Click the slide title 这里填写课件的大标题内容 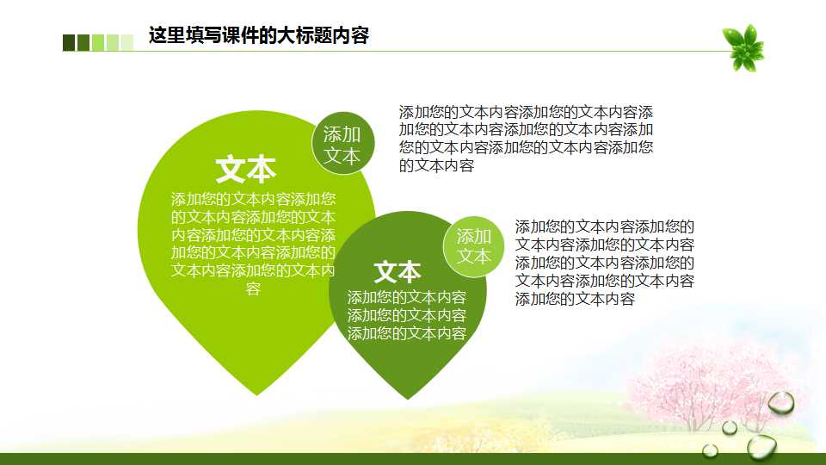(x=258, y=36)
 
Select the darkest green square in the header (x=69, y=42)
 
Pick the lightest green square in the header (x=127, y=42)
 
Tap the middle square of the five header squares (x=98, y=42)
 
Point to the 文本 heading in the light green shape (x=245, y=170)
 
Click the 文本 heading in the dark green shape (x=398, y=272)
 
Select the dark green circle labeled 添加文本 (x=342, y=144)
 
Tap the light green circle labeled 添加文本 (x=473, y=246)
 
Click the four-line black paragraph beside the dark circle (x=526, y=139)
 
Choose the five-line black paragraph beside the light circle (x=604, y=263)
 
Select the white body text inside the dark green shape (x=407, y=315)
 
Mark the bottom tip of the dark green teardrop (x=410, y=398)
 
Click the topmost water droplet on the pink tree (x=780, y=402)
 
